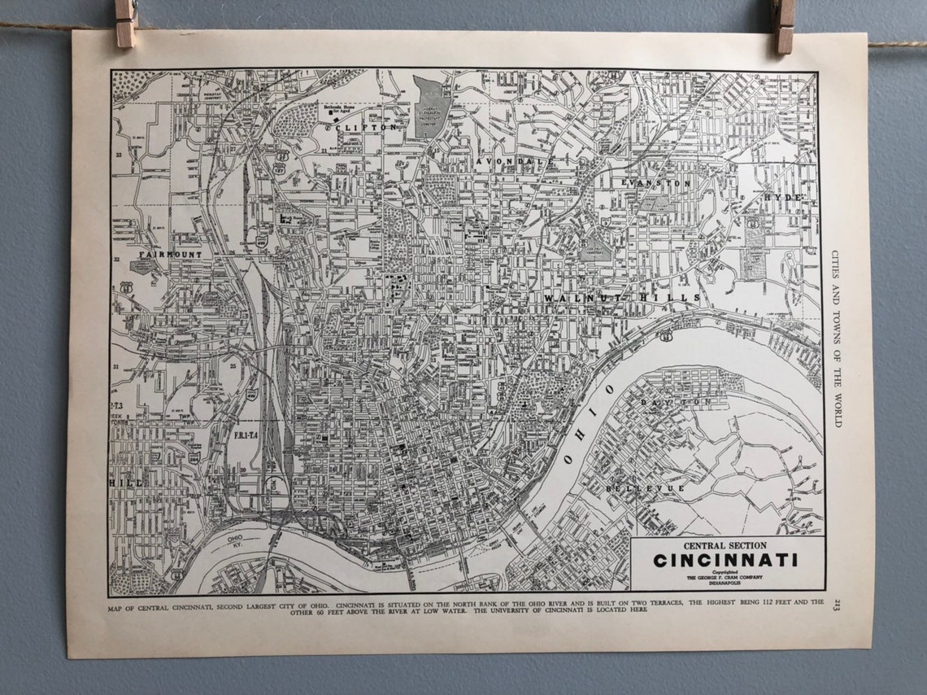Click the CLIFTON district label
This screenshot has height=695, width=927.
370,127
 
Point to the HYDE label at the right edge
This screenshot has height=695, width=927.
783,198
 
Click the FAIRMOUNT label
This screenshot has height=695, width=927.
169,255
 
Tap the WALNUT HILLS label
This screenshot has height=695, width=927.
622,299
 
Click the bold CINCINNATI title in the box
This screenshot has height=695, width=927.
725,561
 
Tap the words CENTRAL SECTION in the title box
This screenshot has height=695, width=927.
725,545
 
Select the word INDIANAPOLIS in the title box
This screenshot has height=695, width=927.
725,584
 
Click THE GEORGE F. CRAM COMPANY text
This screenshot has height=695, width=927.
725,578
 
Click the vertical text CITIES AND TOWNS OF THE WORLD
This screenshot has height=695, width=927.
837,338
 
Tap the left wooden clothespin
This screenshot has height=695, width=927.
126,22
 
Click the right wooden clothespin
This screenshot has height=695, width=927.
784,26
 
